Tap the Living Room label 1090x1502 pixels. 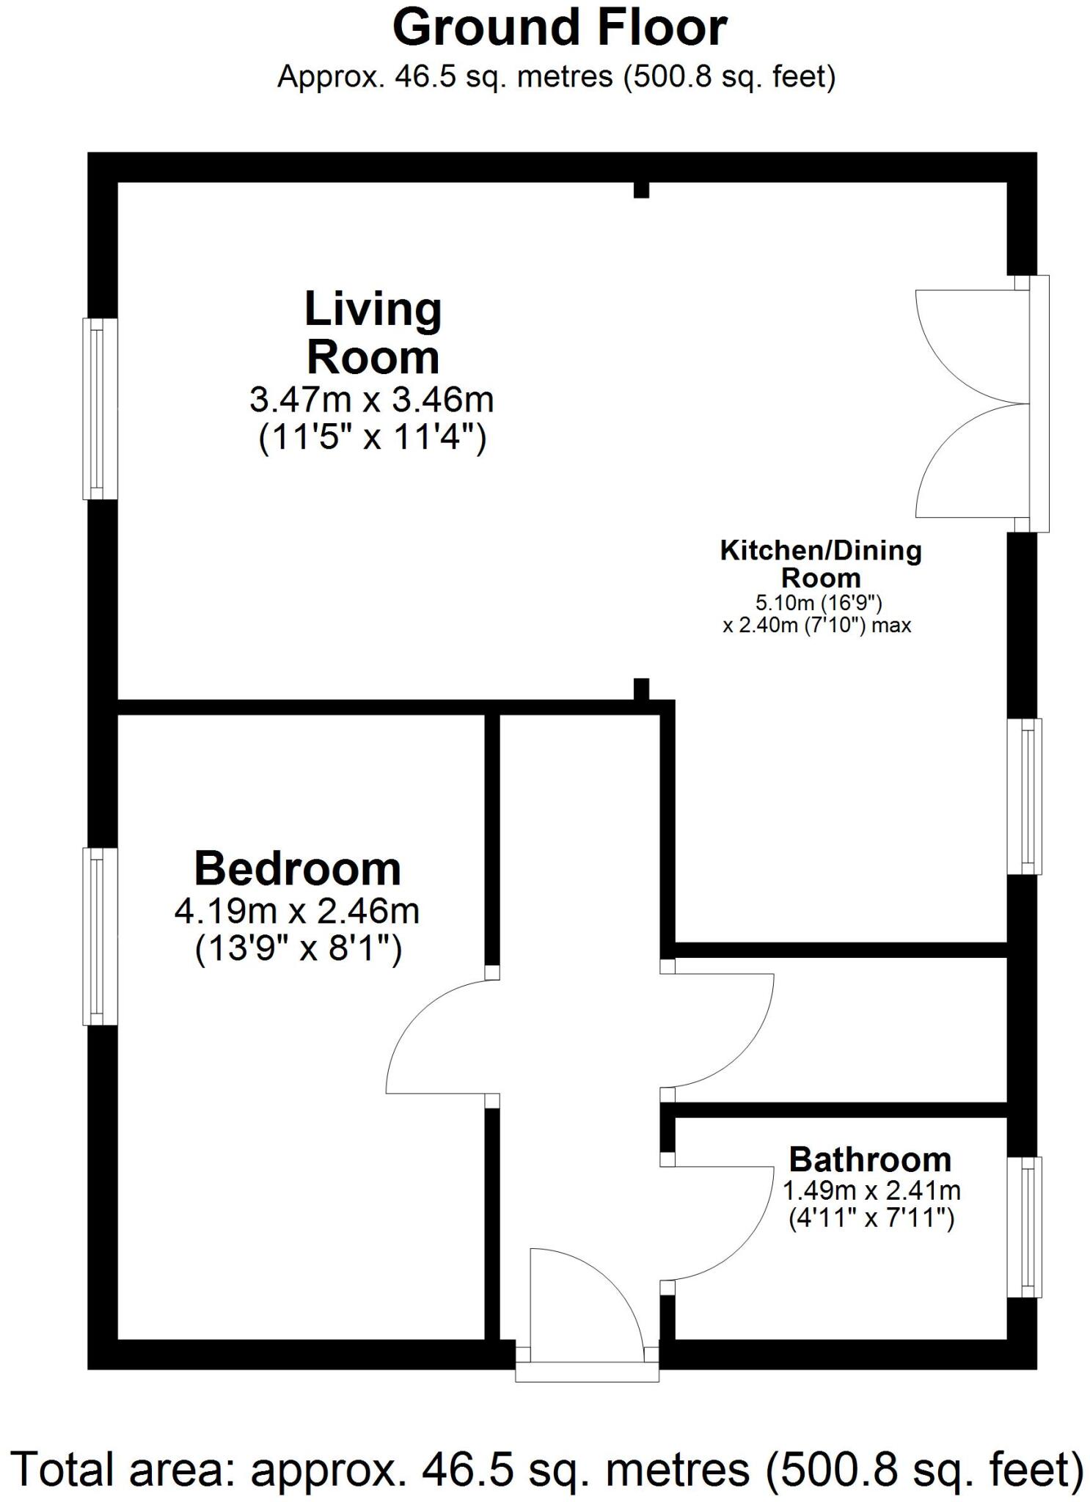point(373,333)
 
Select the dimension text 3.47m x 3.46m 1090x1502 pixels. point(371,400)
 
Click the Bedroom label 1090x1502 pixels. point(297,869)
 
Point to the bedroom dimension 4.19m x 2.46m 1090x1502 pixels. point(296,912)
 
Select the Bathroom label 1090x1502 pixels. point(870,1160)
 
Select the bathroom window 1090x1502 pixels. point(1026,1227)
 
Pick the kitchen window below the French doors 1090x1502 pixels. point(1026,796)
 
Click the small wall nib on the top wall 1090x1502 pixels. point(641,190)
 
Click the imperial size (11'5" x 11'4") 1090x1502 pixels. point(372,439)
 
